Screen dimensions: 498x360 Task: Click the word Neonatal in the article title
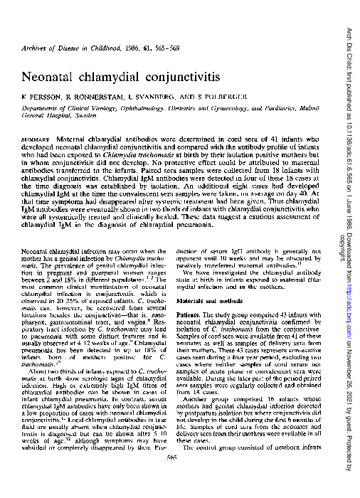pos(46,75)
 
